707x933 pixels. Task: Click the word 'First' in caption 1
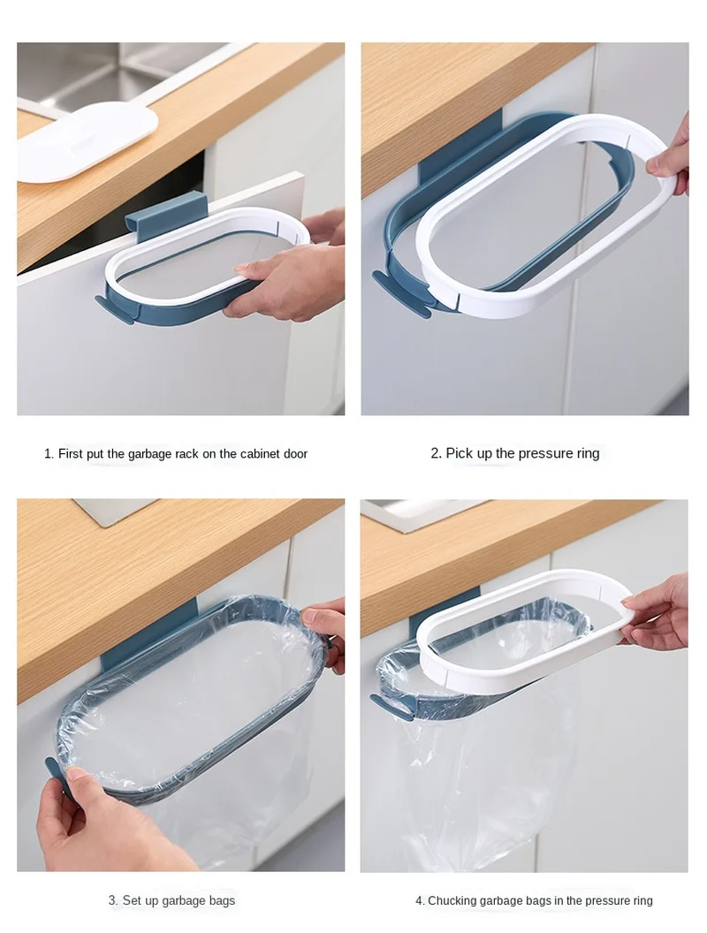(x=71, y=453)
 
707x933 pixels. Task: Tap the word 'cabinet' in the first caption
(x=260, y=453)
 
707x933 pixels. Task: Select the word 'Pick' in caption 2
(x=459, y=453)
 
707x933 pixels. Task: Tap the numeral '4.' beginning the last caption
(x=420, y=901)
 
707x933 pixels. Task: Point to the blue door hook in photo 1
(x=165, y=216)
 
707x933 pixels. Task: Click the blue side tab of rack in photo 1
(x=114, y=307)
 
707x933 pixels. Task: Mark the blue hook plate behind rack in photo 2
(x=461, y=148)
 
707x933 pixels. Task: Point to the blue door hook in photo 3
(x=148, y=633)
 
